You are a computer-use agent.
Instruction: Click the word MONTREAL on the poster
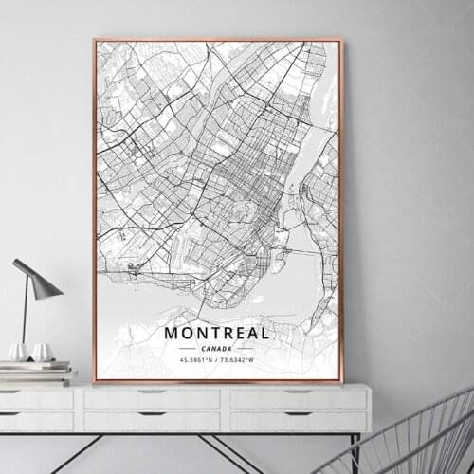coord(217,333)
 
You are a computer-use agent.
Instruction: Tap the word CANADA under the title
coord(217,348)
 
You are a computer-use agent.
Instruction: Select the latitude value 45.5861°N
coord(194,359)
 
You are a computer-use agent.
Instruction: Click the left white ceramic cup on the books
coord(19,352)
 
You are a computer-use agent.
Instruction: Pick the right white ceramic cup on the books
coord(42,353)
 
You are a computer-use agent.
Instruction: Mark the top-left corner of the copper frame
coord(94,40)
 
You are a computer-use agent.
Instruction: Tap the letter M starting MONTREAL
coord(172,333)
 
